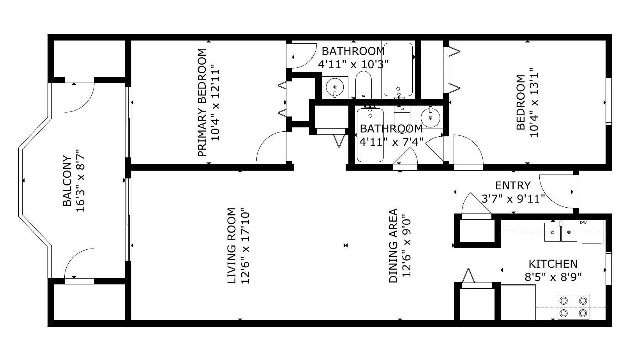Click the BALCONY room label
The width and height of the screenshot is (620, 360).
click(67, 181)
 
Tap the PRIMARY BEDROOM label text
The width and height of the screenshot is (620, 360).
click(202, 102)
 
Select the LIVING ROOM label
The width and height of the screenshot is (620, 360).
click(231, 245)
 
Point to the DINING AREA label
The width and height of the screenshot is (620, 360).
click(393, 245)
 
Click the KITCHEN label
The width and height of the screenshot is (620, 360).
click(553, 264)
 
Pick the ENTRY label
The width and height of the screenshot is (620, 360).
click(513, 185)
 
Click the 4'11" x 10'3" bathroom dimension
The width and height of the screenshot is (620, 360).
click(353, 64)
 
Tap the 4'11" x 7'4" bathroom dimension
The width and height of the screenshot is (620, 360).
click(391, 142)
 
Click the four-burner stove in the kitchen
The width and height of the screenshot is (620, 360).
click(573, 307)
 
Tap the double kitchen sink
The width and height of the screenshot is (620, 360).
click(561, 232)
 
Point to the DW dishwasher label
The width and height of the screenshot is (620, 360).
click(583, 222)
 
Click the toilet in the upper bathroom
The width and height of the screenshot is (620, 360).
click(363, 85)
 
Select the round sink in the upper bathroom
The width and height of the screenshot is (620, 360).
click(335, 86)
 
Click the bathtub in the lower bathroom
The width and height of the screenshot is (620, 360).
click(370, 135)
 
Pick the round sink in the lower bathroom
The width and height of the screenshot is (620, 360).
click(430, 118)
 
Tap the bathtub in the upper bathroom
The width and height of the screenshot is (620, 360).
click(398, 69)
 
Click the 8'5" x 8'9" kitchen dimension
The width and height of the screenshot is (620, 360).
click(553, 277)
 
